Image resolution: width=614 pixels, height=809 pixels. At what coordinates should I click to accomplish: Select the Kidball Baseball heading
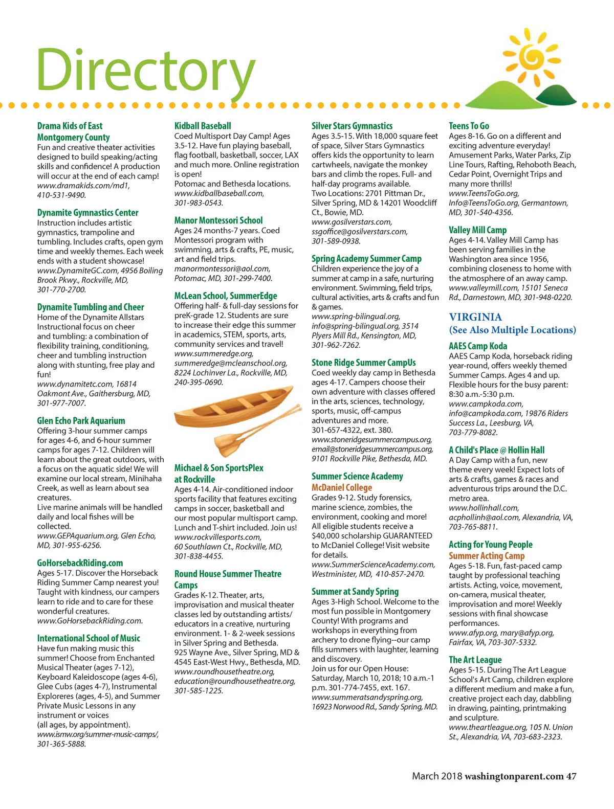click(x=203, y=126)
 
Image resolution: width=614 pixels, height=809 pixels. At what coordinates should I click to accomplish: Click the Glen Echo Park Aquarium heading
click(x=81, y=420)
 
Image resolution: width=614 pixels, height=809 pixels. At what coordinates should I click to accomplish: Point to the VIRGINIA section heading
click(x=475, y=317)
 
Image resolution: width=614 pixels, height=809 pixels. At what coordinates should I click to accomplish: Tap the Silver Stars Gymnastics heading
click(x=352, y=126)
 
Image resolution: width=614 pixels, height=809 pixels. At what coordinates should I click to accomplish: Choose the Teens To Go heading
click(x=469, y=126)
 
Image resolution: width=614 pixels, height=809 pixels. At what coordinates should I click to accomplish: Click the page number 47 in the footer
click(x=571, y=776)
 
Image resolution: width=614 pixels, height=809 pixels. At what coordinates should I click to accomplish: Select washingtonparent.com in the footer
click(x=514, y=776)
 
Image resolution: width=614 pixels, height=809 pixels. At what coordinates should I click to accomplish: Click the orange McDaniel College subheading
click(x=342, y=487)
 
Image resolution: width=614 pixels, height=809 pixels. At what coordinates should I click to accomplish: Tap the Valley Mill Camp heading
click(x=477, y=230)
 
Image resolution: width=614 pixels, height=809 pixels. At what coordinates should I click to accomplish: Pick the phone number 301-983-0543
click(x=199, y=203)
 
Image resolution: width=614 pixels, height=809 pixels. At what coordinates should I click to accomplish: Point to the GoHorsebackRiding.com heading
click(x=80, y=563)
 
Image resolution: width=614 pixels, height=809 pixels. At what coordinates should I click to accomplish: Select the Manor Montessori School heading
click(x=218, y=220)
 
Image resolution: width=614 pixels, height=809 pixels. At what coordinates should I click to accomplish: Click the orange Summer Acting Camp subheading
click(x=487, y=555)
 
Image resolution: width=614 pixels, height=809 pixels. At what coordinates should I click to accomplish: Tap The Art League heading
click(x=475, y=660)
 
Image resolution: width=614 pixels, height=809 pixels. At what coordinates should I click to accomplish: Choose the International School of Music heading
click(x=89, y=638)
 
